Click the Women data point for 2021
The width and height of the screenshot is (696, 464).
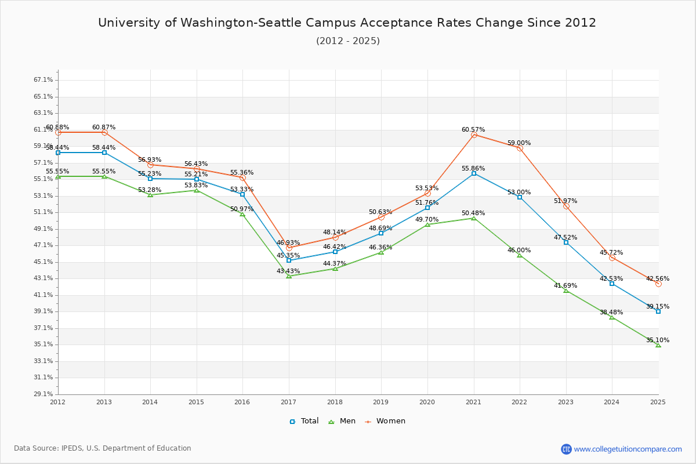point(474,135)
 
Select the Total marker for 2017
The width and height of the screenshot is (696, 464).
point(289,260)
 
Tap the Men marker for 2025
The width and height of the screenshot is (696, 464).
point(658,345)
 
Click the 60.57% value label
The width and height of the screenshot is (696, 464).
point(473,129)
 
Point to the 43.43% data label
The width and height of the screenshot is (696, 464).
point(288,271)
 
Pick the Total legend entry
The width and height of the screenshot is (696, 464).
point(304,421)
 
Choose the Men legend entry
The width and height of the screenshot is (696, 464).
point(343,421)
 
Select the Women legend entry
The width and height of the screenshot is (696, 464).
point(385,421)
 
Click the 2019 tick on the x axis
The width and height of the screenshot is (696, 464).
point(381,402)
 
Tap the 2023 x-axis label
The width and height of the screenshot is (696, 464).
point(566,402)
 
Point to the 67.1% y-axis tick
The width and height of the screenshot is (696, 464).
point(44,80)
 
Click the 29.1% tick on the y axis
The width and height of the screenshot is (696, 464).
point(44,394)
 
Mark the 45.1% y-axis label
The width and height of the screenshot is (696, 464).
point(44,262)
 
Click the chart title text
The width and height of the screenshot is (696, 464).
point(347,23)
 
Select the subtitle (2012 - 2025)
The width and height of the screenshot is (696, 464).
point(348,41)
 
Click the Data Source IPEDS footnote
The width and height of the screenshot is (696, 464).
point(103,448)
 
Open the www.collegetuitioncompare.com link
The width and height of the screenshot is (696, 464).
point(628,449)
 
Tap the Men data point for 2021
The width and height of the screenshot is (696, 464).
point(474,218)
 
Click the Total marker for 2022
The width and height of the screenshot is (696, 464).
point(520,197)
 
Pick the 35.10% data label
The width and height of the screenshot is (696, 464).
point(658,340)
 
